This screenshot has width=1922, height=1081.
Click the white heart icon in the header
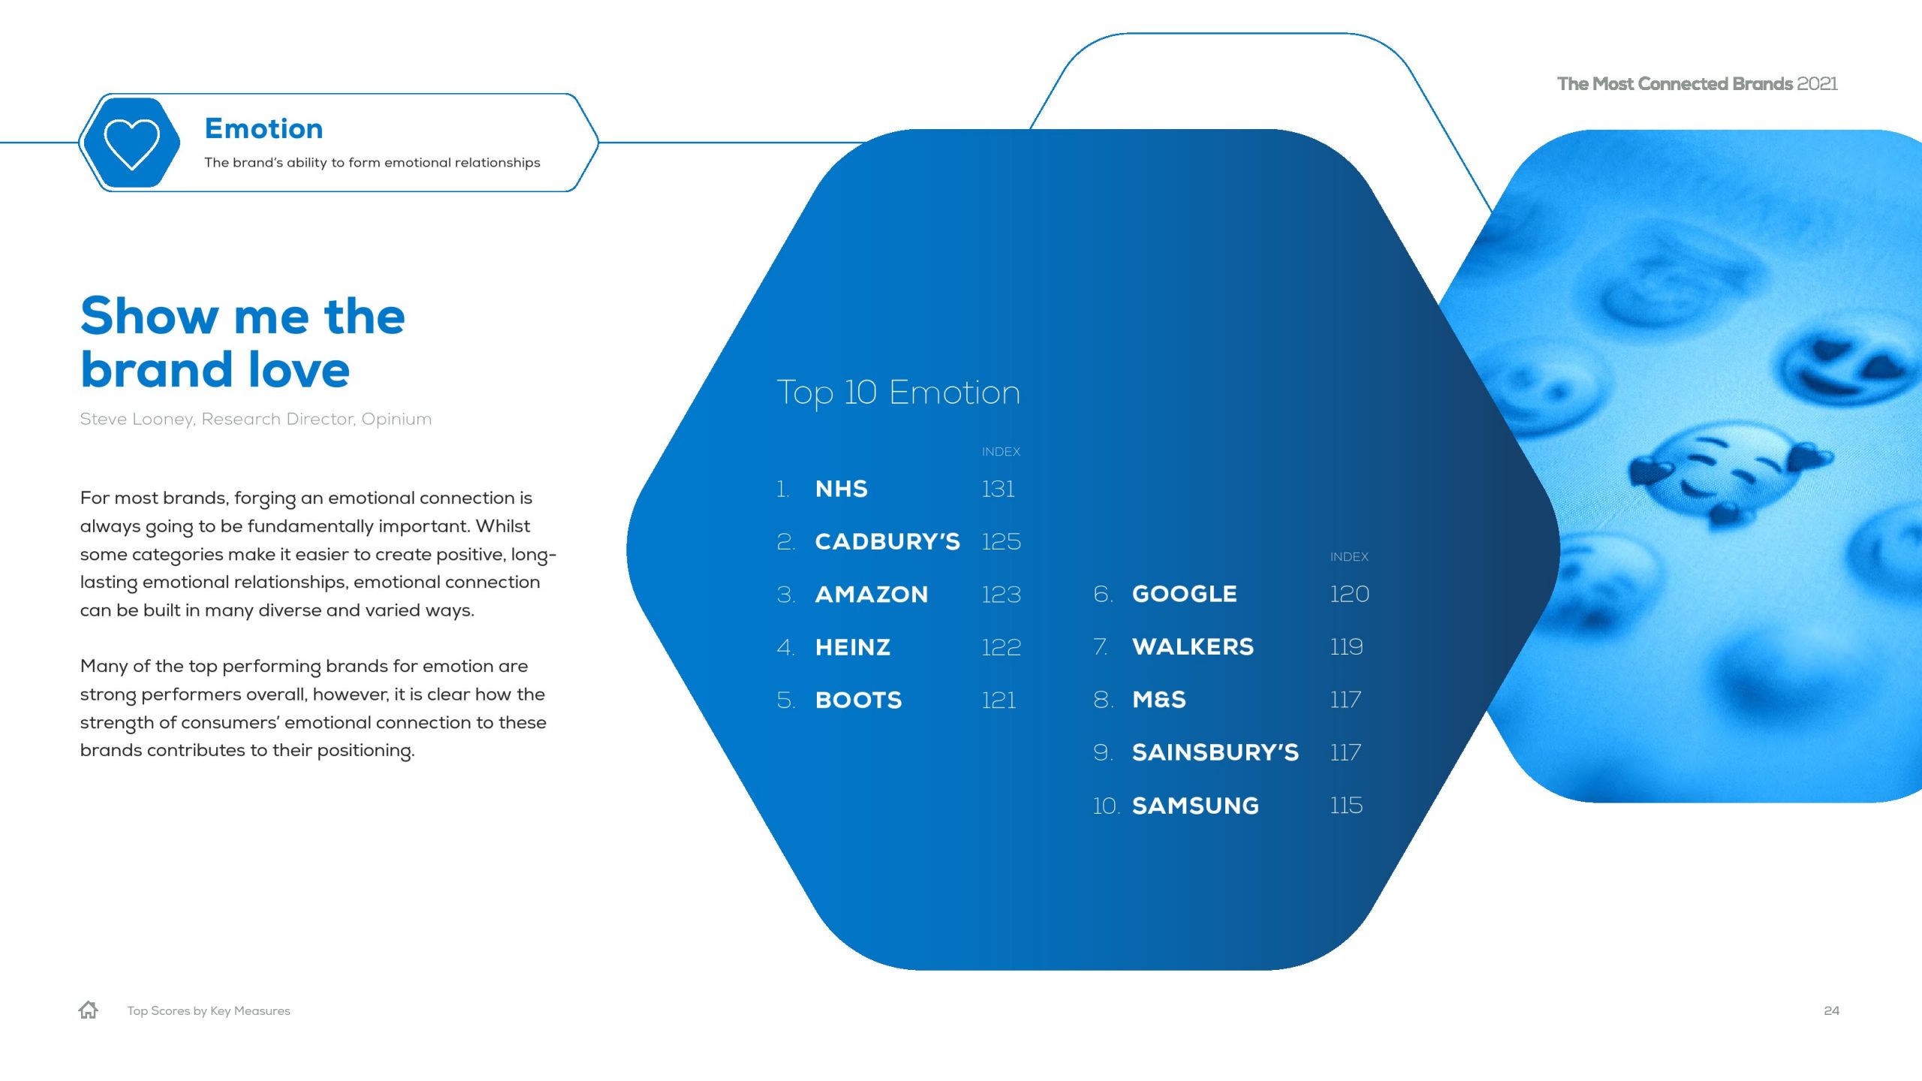click(131, 143)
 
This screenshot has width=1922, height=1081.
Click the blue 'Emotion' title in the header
click(264, 128)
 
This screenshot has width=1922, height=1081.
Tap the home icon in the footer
click(89, 1010)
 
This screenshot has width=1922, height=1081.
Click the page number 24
click(1831, 1010)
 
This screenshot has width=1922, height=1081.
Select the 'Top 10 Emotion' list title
click(898, 393)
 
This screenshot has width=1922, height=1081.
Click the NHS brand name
click(842, 489)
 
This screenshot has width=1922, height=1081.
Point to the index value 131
click(999, 489)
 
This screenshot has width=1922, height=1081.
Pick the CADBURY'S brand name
click(887, 541)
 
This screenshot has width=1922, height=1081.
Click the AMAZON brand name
click(872, 595)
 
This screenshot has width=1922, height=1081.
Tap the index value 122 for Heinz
click(1002, 647)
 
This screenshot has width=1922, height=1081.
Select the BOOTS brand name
click(859, 700)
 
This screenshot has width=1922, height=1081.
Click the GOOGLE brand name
click(1185, 594)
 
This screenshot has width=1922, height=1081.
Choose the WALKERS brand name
click(1193, 646)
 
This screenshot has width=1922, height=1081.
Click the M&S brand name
click(1159, 700)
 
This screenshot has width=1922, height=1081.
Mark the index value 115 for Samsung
click(1346, 805)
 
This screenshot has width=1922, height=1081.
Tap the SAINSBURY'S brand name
click(1216, 752)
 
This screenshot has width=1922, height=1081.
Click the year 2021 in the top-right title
click(1818, 83)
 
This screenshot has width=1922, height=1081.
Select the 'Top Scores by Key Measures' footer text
click(209, 1010)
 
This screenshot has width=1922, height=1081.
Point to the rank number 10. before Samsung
click(1106, 805)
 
